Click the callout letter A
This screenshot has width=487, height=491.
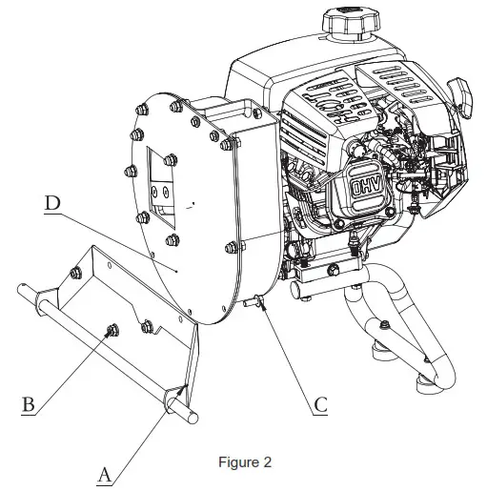tap(106, 471)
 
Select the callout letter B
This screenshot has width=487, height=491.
tap(29, 403)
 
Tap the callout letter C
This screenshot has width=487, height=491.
tap(320, 404)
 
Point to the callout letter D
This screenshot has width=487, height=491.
tap(52, 203)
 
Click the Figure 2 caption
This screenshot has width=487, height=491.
tap(245, 463)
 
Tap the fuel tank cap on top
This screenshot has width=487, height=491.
tap(348, 22)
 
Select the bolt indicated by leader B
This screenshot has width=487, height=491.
tap(111, 330)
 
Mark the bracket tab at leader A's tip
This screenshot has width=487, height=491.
tap(181, 392)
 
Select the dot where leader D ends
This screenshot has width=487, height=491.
tap(178, 272)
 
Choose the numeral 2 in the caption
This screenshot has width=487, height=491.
tap(267, 463)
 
